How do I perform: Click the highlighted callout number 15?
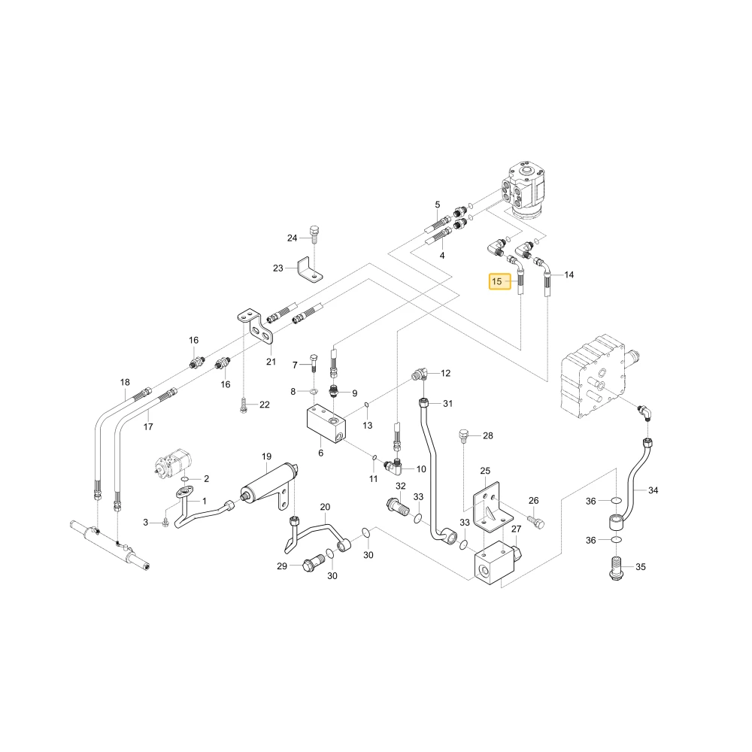pyautogui.click(x=497, y=281)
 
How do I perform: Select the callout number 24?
pyautogui.click(x=292, y=238)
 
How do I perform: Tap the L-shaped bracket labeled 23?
pyautogui.click(x=310, y=269)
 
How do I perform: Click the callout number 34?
pyautogui.click(x=653, y=490)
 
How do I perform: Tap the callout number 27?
pyautogui.click(x=516, y=529)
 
